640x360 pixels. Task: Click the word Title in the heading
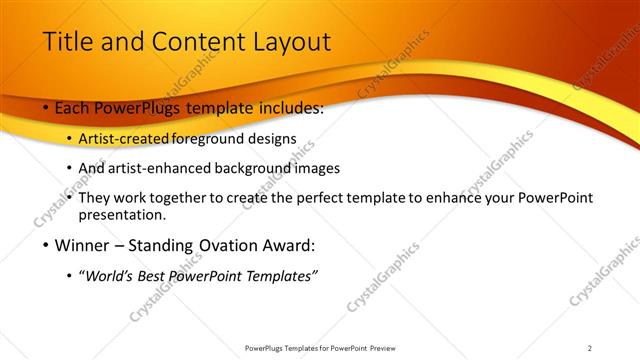[67, 42]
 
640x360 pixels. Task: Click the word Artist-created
[124, 139]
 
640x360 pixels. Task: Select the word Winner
[82, 245]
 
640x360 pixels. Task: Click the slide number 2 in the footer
[589, 348]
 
